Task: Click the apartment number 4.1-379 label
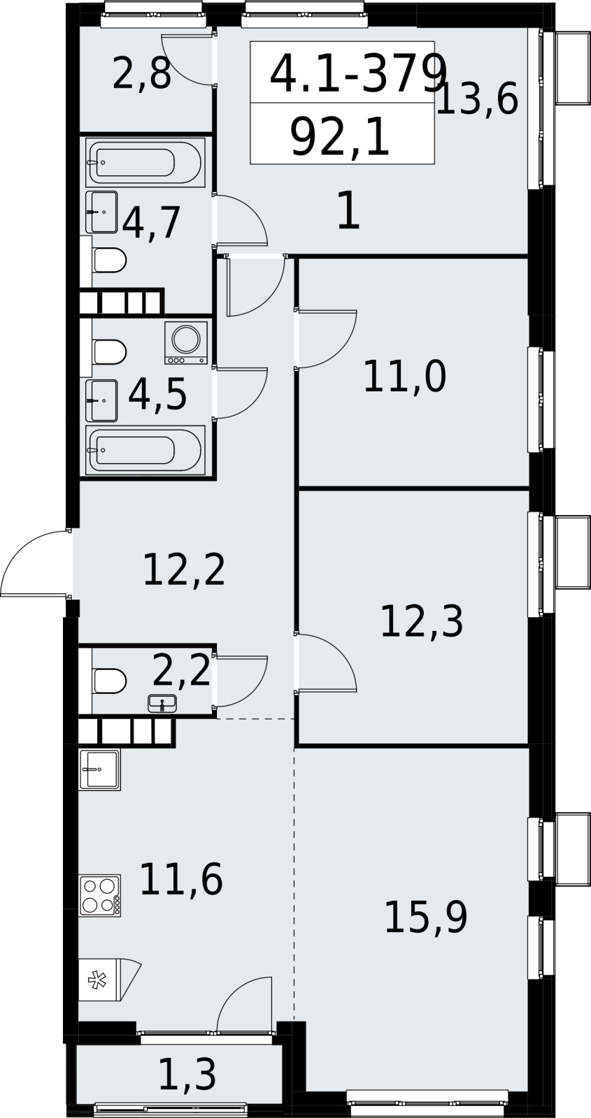pyautogui.click(x=357, y=74)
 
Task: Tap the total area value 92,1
pyautogui.click(x=340, y=138)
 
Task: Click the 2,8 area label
pyautogui.click(x=142, y=74)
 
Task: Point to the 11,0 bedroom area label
pyautogui.click(x=405, y=377)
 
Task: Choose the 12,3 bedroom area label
pyautogui.click(x=422, y=621)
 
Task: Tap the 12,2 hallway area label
pyautogui.click(x=184, y=569)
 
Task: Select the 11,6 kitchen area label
pyautogui.click(x=181, y=880)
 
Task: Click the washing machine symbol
pyautogui.click(x=186, y=342)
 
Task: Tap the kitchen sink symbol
pyautogui.click(x=99, y=769)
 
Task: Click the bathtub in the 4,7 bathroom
pyautogui.click(x=145, y=163)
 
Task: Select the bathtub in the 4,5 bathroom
pyautogui.click(x=145, y=450)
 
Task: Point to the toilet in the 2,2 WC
pyautogui.click(x=109, y=681)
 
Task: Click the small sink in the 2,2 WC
pyautogui.click(x=162, y=703)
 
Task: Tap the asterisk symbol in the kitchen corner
pyautogui.click(x=97, y=979)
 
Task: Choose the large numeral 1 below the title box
pyautogui.click(x=349, y=212)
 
